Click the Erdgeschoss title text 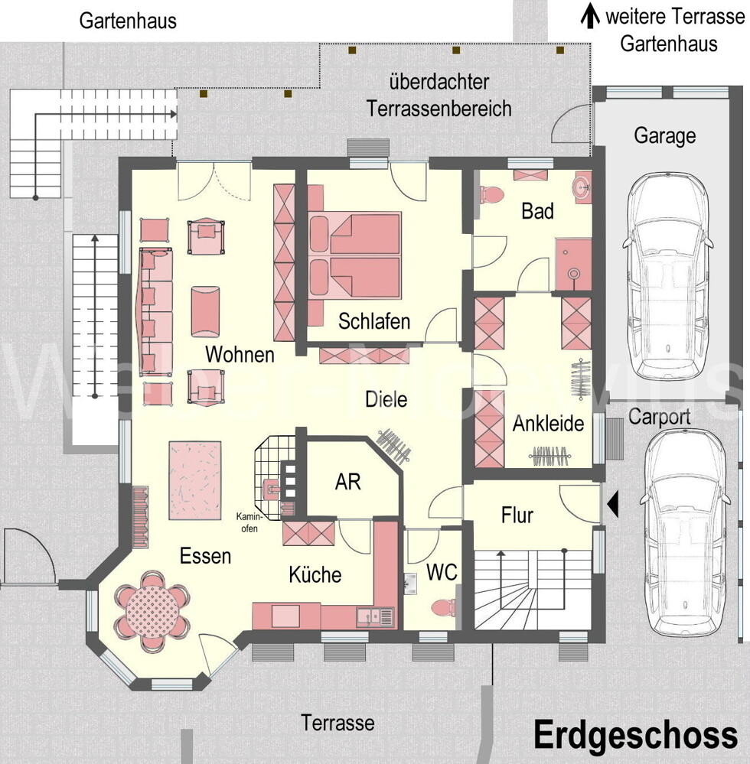pos(635,735)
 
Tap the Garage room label pos(664,136)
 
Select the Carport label pos(659,417)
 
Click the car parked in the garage pos(667,267)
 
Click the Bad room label pos(537,211)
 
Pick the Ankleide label pos(548,424)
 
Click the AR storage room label pos(347,482)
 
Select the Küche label pos(315,574)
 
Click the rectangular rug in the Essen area pos(194,480)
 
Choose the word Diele pos(386,398)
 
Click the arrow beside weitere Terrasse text pos(589,15)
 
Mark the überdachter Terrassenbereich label pos(439,96)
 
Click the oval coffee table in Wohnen pos(204,311)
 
